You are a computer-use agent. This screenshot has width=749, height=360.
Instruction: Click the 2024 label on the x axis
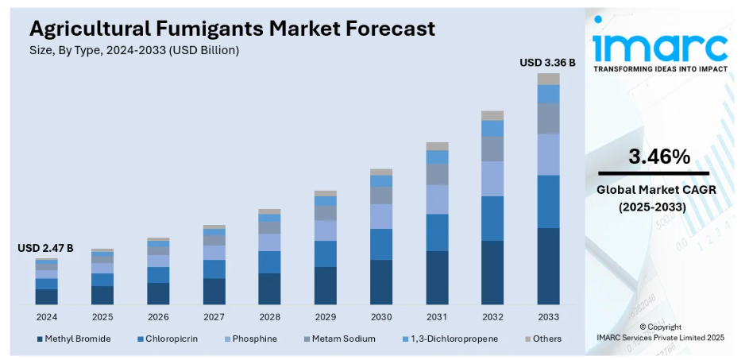pyautogui.click(x=46, y=316)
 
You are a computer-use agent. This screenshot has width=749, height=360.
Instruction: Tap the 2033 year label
pyautogui.click(x=548, y=316)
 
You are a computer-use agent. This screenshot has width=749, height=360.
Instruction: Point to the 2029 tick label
pyautogui.click(x=326, y=316)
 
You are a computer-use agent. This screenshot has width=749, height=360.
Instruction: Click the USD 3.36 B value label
pyautogui.click(x=547, y=62)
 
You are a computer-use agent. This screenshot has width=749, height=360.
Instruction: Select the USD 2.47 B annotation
pyautogui.click(x=45, y=249)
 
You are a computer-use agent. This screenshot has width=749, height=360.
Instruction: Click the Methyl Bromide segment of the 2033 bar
pyautogui.click(x=548, y=266)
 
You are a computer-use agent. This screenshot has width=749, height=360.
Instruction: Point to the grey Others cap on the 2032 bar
pyautogui.click(x=492, y=115)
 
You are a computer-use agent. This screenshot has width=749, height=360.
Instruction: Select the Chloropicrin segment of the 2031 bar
pyautogui.click(x=437, y=232)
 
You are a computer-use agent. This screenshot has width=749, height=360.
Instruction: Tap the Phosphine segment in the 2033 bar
pyautogui.click(x=548, y=154)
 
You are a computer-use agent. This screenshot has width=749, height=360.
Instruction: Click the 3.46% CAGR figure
pyautogui.click(x=658, y=157)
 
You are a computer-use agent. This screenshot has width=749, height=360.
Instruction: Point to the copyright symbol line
pyautogui.click(x=660, y=327)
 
